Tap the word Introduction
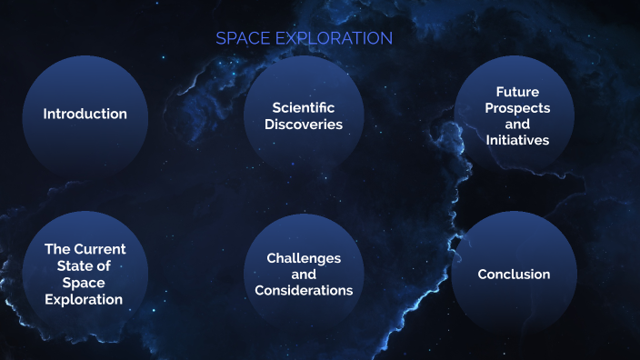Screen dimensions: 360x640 pyautogui.click(x=85, y=114)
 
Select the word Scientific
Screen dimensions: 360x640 pyautogui.click(x=304, y=107)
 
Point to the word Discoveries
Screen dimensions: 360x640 pyautogui.click(x=304, y=124)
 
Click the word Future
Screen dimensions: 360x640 pyautogui.click(x=516, y=91)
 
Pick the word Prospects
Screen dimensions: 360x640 pyautogui.click(x=516, y=107)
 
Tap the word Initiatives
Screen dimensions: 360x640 pyautogui.click(x=516, y=140)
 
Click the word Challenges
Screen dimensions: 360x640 pyautogui.click(x=304, y=258)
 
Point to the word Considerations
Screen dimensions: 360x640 pyautogui.click(x=304, y=290)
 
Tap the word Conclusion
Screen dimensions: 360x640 pyautogui.click(x=514, y=274)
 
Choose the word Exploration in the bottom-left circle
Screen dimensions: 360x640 pyautogui.click(x=85, y=298)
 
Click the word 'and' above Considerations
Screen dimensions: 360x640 pyautogui.click(x=304, y=275)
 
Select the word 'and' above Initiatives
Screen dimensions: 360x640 pyautogui.click(x=516, y=124)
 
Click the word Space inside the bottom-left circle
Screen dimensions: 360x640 pyautogui.click(x=85, y=282)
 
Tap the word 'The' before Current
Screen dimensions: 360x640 pyautogui.click(x=57, y=249)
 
